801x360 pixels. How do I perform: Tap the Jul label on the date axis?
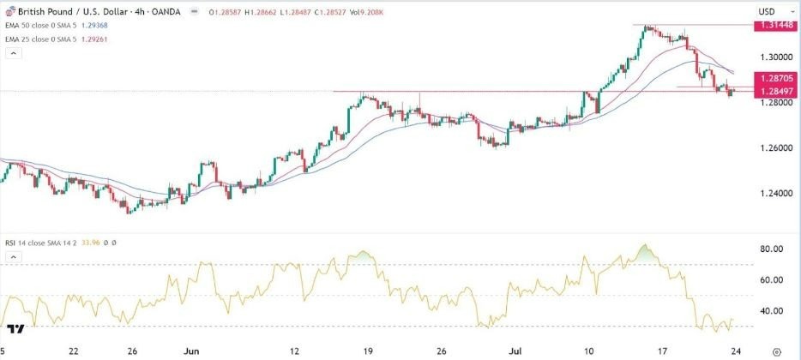(x=515, y=351)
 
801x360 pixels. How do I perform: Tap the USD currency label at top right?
(x=767, y=10)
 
